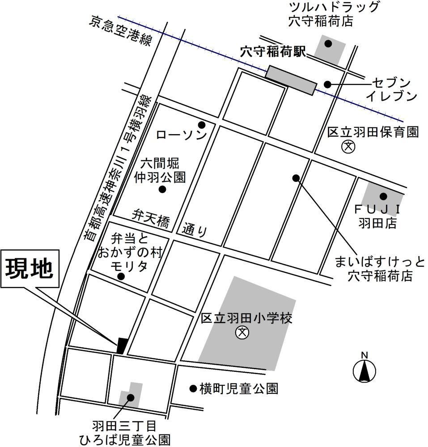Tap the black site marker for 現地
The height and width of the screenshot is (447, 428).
(x=122, y=345)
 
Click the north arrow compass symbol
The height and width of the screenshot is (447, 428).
(x=364, y=371)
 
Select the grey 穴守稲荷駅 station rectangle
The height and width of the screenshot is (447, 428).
(x=291, y=80)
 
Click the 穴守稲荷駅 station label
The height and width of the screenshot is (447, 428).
(x=272, y=52)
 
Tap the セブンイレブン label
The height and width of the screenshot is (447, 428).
(x=391, y=89)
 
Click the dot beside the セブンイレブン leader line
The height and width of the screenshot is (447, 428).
(x=327, y=84)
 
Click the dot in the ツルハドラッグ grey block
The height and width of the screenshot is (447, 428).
(x=328, y=43)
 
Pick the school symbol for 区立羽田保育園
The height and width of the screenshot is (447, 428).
(x=347, y=146)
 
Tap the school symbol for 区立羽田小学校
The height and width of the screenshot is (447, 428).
(x=242, y=333)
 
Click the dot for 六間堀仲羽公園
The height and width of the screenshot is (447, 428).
(x=162, y=189)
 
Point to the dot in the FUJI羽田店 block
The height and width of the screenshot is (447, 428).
(x=383, y=196)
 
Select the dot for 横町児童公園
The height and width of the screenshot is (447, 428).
(x=193, y=388)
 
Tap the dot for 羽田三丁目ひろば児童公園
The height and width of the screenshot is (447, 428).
(x=131, y=397)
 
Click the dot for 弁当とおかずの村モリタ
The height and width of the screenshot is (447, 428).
(x=121, y=277)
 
